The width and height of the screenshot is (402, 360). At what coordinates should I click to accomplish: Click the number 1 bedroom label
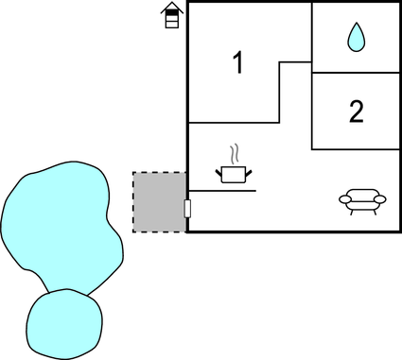click(237, 63)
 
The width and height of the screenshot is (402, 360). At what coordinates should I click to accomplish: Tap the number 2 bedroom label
click(356, 112)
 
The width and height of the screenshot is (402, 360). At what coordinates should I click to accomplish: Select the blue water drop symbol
click(356, 37)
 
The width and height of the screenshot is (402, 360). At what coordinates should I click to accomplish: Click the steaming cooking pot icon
click(233, 173)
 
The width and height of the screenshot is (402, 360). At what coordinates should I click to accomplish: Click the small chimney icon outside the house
click(171, 16)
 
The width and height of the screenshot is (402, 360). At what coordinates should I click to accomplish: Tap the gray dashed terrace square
click(159, 201)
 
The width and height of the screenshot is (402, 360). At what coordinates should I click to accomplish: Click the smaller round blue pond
click(63, 324)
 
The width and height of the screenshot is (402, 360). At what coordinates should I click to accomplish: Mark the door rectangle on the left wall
click(187, 209)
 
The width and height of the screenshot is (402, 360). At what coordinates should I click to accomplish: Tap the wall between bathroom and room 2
click(356, 72)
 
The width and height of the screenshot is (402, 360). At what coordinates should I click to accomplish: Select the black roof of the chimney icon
click(171, 9)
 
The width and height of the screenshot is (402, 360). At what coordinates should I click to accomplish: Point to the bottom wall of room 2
click(356, 149)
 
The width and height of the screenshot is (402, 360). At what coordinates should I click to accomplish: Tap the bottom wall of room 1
click(233, 123)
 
